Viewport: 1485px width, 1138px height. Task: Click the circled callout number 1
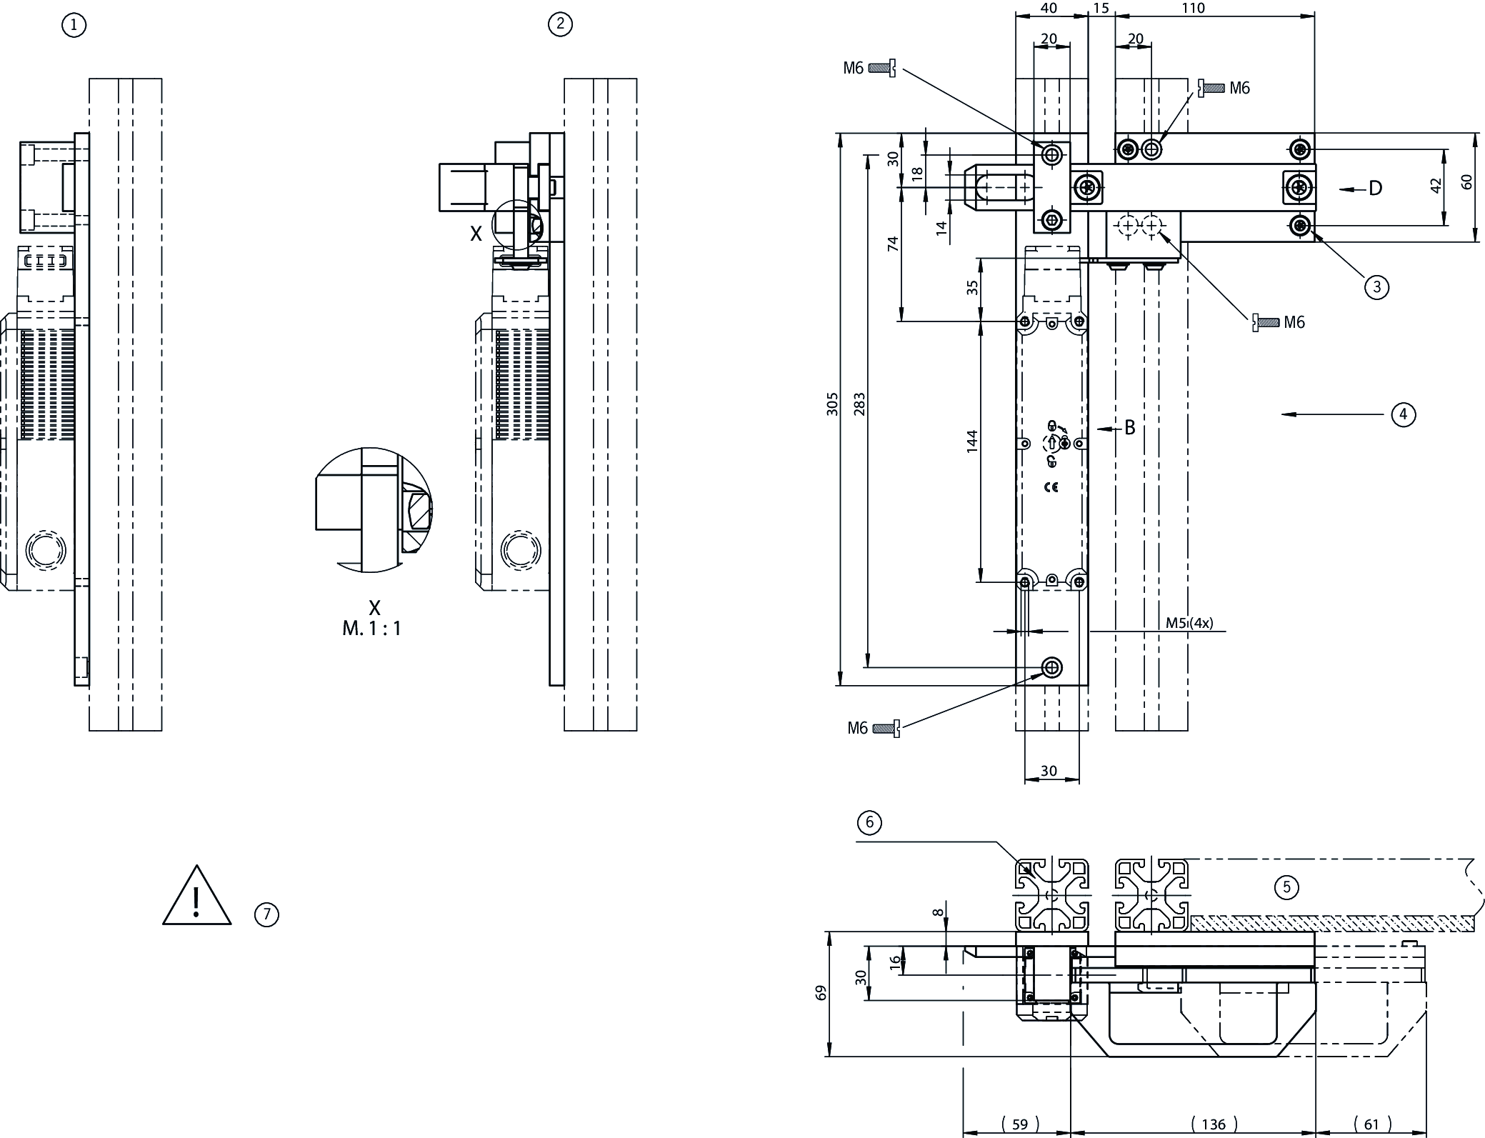[74, 26]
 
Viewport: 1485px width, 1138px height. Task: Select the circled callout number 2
[560, 24]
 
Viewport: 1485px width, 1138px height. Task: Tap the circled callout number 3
[1376, 287]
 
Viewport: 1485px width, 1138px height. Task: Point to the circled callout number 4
[1403, 414]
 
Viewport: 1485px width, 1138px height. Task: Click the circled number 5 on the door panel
[1286, 887]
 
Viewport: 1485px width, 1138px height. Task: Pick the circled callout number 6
[869, 823]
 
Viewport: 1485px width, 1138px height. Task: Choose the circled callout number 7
[266, 914]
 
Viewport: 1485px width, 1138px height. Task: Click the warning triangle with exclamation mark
[196, 898]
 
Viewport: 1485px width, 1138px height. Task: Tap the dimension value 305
[833, 404]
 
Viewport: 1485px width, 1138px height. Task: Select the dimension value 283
[859, 404]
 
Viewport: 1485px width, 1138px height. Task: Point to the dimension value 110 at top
[1193, 9]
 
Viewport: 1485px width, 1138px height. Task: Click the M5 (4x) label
[1189, 623]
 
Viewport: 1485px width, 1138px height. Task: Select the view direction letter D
[1375, 189]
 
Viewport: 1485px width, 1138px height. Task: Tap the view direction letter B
[1130, 427]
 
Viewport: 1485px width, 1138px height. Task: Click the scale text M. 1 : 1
[371, 629]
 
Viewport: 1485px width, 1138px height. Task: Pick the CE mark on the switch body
[1051, 488]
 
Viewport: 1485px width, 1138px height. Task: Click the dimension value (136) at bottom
[1214, 1124]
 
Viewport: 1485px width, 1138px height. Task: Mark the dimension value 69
[821, 993]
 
